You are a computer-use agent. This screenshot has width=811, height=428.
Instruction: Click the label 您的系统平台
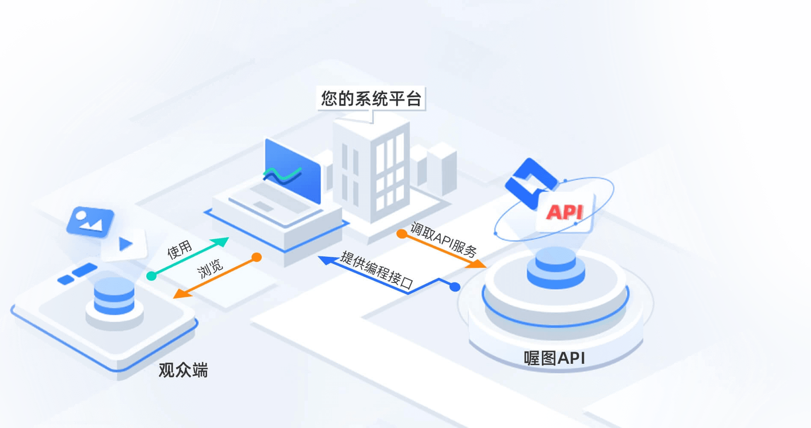(x=371, y=98)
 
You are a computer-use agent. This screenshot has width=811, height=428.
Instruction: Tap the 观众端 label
(x=183, y=370)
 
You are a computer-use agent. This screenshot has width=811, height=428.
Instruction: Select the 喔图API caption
(x=554, y=358)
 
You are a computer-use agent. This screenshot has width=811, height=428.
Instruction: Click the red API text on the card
(x=565, y=212)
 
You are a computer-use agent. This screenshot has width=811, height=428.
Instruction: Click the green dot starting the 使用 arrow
(x=151, y=276)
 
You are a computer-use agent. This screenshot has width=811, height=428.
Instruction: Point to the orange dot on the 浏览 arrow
(x=256, y=257)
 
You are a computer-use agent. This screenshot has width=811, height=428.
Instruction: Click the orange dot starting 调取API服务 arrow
(x=402, y=234)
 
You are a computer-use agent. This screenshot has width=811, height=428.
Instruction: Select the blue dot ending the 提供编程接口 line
(x=455, y=287)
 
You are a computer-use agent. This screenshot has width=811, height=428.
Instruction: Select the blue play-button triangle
(x=125, y=244)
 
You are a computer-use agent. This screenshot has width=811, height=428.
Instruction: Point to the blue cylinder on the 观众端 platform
(x=114, y=295)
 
